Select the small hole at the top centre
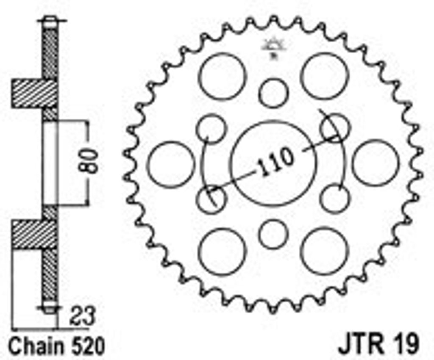point(273,93)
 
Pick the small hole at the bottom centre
point(273,234)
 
